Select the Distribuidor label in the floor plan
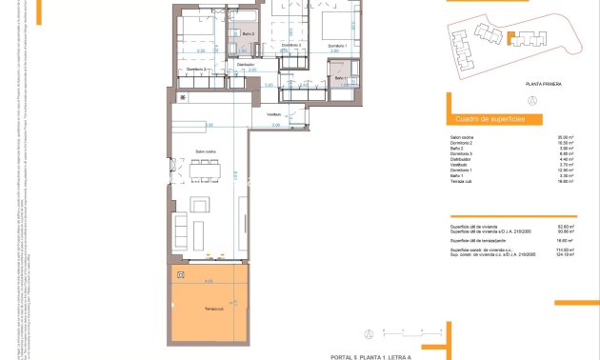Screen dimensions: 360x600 (x=246, y=65)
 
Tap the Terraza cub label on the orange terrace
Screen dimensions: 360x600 (x=214, y=309)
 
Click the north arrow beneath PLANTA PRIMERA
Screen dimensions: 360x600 (x=531, y=100)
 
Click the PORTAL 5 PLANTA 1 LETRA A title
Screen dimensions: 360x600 (x=369, y=355)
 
